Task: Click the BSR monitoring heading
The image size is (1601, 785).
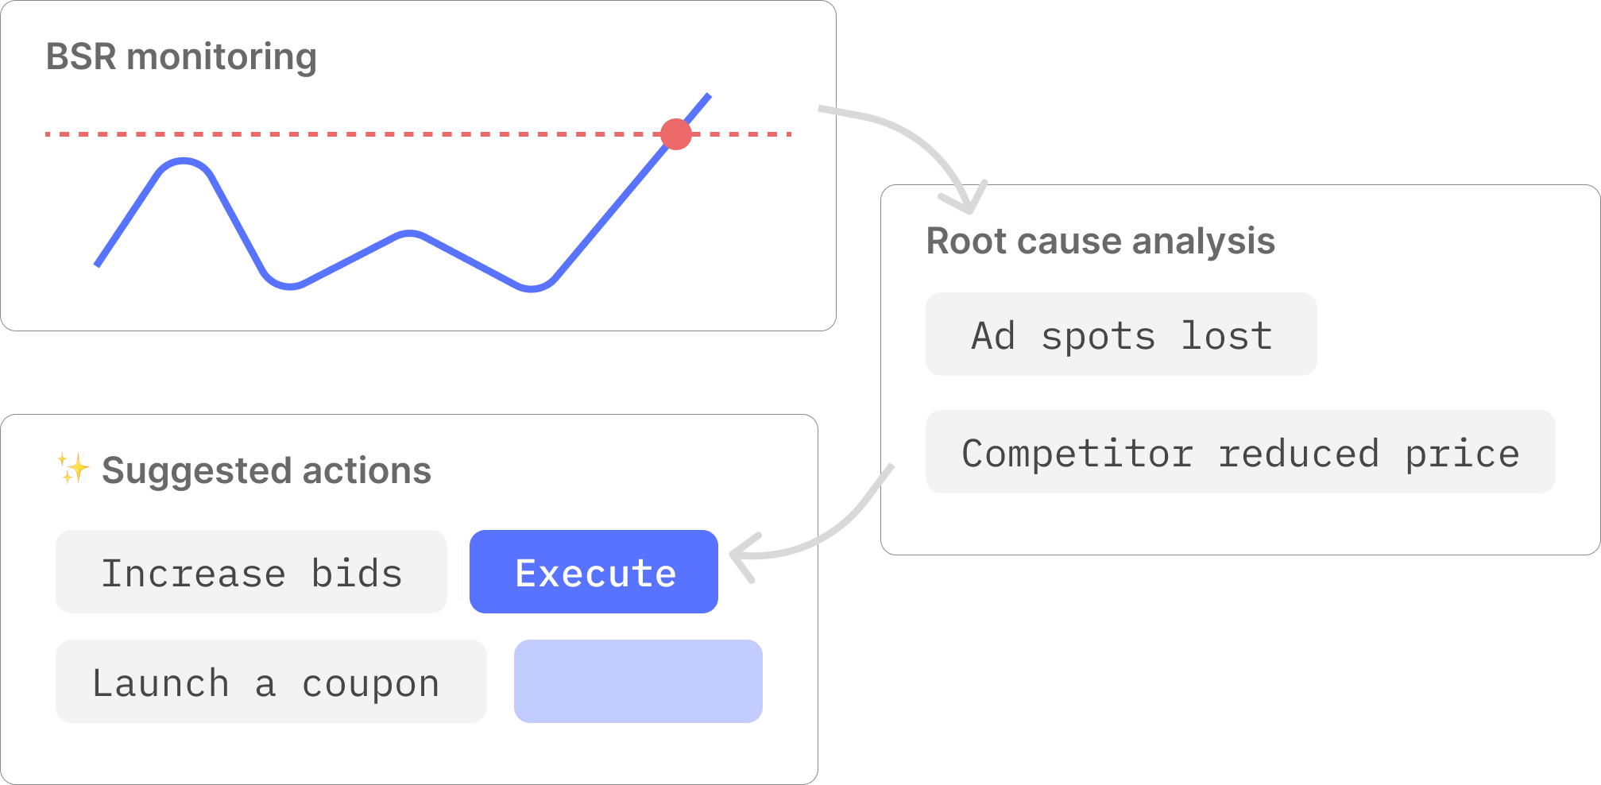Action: (x=181, y=57)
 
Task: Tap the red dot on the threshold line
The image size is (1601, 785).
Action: (x=676, y=134)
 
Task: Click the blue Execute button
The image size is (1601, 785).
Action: (x=594, y=571)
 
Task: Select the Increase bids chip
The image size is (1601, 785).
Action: (x=251, y=571)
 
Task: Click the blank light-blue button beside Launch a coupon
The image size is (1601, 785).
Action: (x=638, y=681)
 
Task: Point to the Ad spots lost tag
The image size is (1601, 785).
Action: (x=1120, y=334)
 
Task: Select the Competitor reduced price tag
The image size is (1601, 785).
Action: (x=1239, y=452)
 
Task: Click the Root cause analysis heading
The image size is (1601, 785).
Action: (x=1100, y=241)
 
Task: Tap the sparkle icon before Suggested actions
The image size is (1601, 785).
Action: (x=73, y=468)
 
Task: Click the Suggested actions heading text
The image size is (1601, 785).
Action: (x=266, y=470)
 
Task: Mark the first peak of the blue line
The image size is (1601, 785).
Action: (x=184, y=161)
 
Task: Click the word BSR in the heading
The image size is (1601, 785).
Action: (x=81, y=57)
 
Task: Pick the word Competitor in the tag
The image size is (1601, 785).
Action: (x=1077, y=454)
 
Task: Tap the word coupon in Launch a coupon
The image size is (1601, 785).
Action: (x=370, y=683)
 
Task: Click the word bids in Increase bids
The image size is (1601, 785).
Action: (x=356, y=573)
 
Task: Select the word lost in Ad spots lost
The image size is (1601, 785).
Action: (x=1227, y=335)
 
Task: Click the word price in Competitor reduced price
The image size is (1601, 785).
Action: (x=1462, y=454)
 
